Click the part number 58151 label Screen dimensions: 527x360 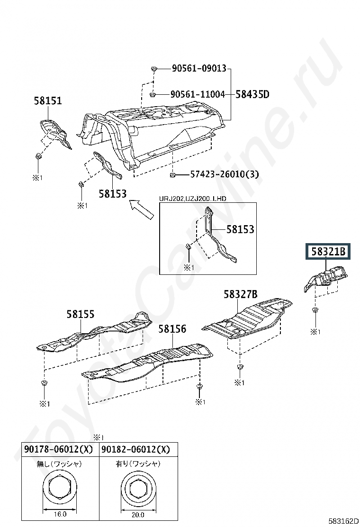(x=48, y=100)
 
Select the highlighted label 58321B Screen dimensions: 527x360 (x=327, y=252)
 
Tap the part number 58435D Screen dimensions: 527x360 (x=252, y=94)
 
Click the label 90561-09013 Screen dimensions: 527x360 (x=199, y=68)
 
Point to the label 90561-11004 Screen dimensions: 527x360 (x=198, y=94)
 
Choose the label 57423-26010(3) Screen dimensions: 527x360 (x=225, y=174)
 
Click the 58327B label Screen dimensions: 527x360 (x=241, y=294)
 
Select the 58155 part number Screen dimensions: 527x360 (x=80, y=313)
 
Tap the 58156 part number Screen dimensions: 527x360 (x=172, y=328)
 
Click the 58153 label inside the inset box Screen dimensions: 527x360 (x=240, y=229)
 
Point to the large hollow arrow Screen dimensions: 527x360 (x=143, y=209)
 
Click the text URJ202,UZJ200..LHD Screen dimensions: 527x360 (x=193, y=199)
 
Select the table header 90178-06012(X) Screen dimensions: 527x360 (x=59, y=449)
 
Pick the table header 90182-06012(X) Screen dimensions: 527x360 (x=135, y=449)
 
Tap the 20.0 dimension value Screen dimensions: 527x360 (x=137, y=515)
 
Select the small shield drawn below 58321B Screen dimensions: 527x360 (x=326, y=279)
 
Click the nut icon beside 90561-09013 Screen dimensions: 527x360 (x=154, y=69)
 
